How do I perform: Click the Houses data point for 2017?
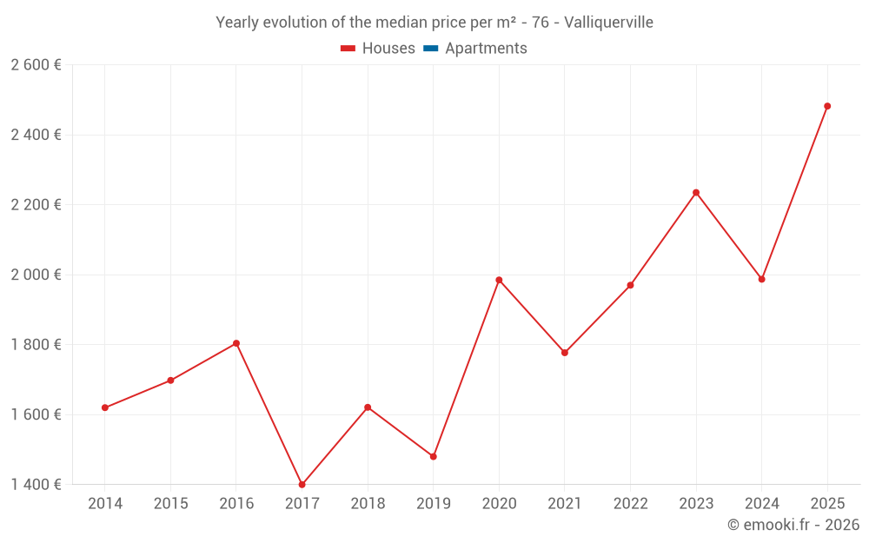pyautogui.click(x=302, y=485)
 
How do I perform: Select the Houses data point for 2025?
pyautogui.click(x=827, y=106)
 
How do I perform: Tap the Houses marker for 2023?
pyautogui.click(x=696, y=192)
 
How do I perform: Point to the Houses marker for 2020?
pyautogui.click(x=499, y=280)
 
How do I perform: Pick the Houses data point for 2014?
pyautogui.click(x=105, y=407)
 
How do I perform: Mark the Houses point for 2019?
pyautogui.click(x=434, y=456)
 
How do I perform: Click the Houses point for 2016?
pyautogui.click(x=236, y=343)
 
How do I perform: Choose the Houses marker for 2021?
pyautogui.click(x=565, y=353)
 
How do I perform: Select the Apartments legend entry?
pyautogui.click(x=486, y=49)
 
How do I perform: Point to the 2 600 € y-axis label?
pyautogui.click(x=36, y=65)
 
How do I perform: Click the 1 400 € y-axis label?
pyautogui.click(x=36, y=485)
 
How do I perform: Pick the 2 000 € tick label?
pyautogui.click(x=36, y=275)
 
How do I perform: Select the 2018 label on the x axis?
pyautogui.click(x=368, y=504)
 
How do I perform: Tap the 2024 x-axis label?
pyautogui.click(x=761, y=504)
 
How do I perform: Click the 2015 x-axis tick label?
pyautogui.click(x=170, y=504)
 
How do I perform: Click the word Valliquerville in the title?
pyautogui.click(x=608, y=23)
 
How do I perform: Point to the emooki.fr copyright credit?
pyautogui.click(x=793, y=525)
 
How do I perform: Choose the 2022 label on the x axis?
pyautogui.click(x=630, y=504)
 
